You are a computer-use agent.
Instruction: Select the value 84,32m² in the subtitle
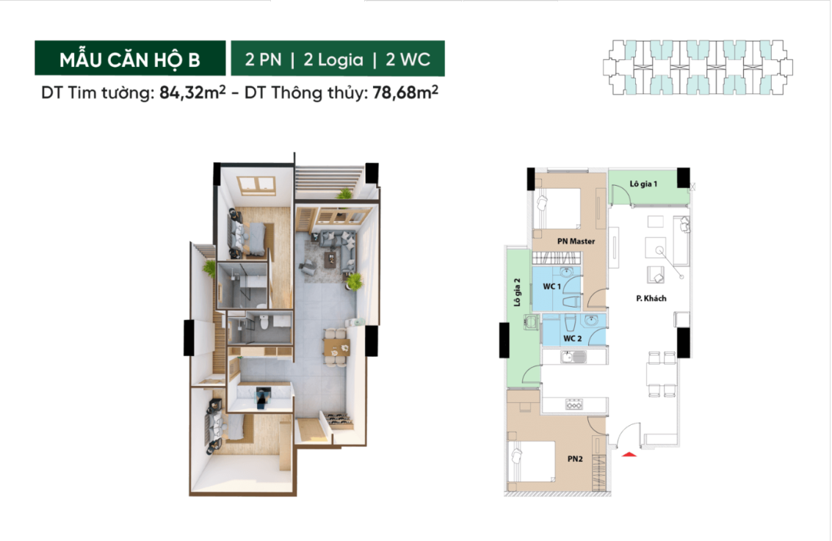[x=192, y=94]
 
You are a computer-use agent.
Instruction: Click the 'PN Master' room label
[x=576, y=241]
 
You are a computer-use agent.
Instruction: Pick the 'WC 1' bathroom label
[x=551, y=286]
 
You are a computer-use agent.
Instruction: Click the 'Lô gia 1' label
[x=643, y=183]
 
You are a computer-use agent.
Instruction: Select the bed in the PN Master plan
[x=556, y=208]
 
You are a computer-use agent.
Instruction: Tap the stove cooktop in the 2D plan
[x=573, y=404]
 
